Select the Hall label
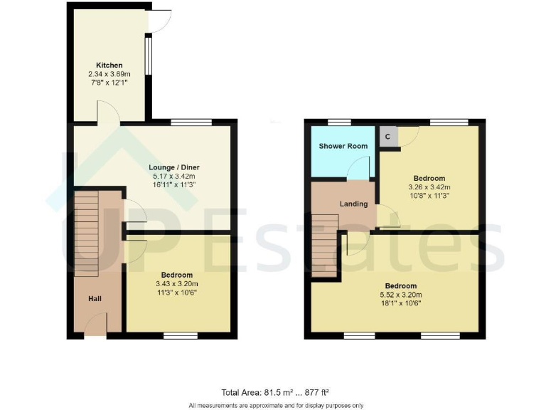(95, 299)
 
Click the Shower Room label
(343, 147)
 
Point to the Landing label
(353, 204)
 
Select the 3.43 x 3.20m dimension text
(177, 283)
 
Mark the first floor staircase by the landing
(324, 246)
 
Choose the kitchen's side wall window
(148, 56)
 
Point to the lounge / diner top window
(191, 122)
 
